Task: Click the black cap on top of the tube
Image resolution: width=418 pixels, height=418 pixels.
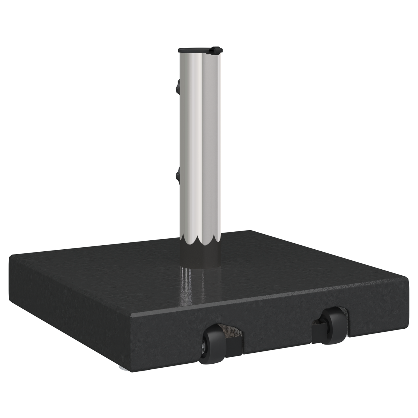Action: [197, 50]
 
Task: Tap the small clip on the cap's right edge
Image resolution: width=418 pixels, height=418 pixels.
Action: [215, 50]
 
